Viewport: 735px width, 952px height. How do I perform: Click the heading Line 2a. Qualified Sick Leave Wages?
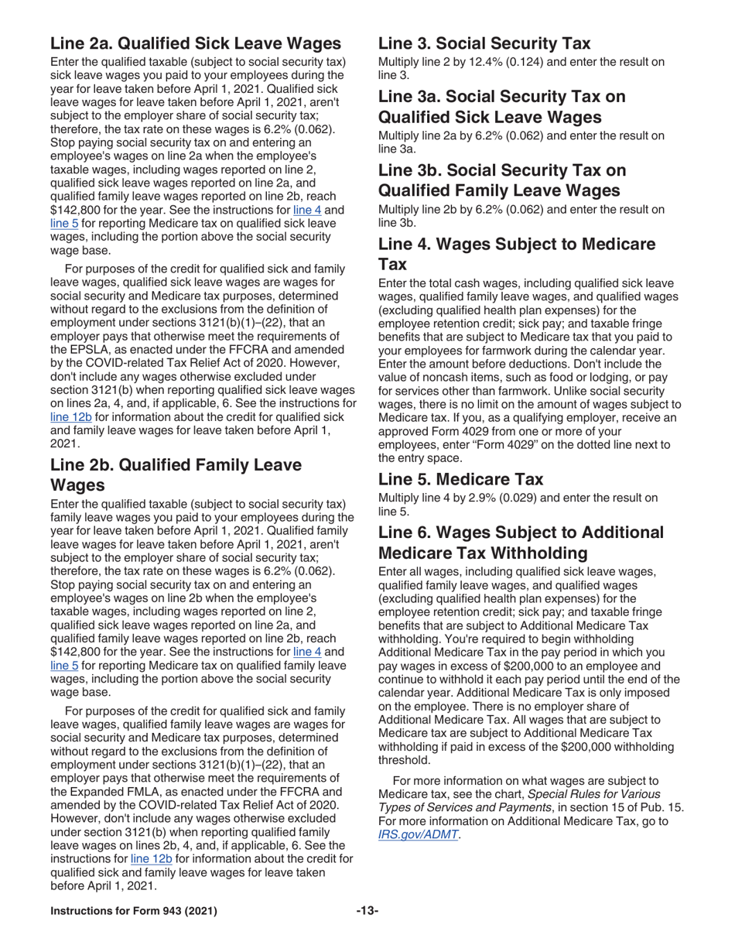click(x=195, y=43)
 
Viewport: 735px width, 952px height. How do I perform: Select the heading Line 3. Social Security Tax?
click(x=484, y=43)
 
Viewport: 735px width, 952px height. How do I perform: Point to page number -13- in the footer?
click(x=367, y=910)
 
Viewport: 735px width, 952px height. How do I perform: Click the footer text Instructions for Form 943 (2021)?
click(x=134, y=910)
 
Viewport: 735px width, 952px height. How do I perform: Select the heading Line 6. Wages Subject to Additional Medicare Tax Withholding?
click(x=521, y=543)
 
